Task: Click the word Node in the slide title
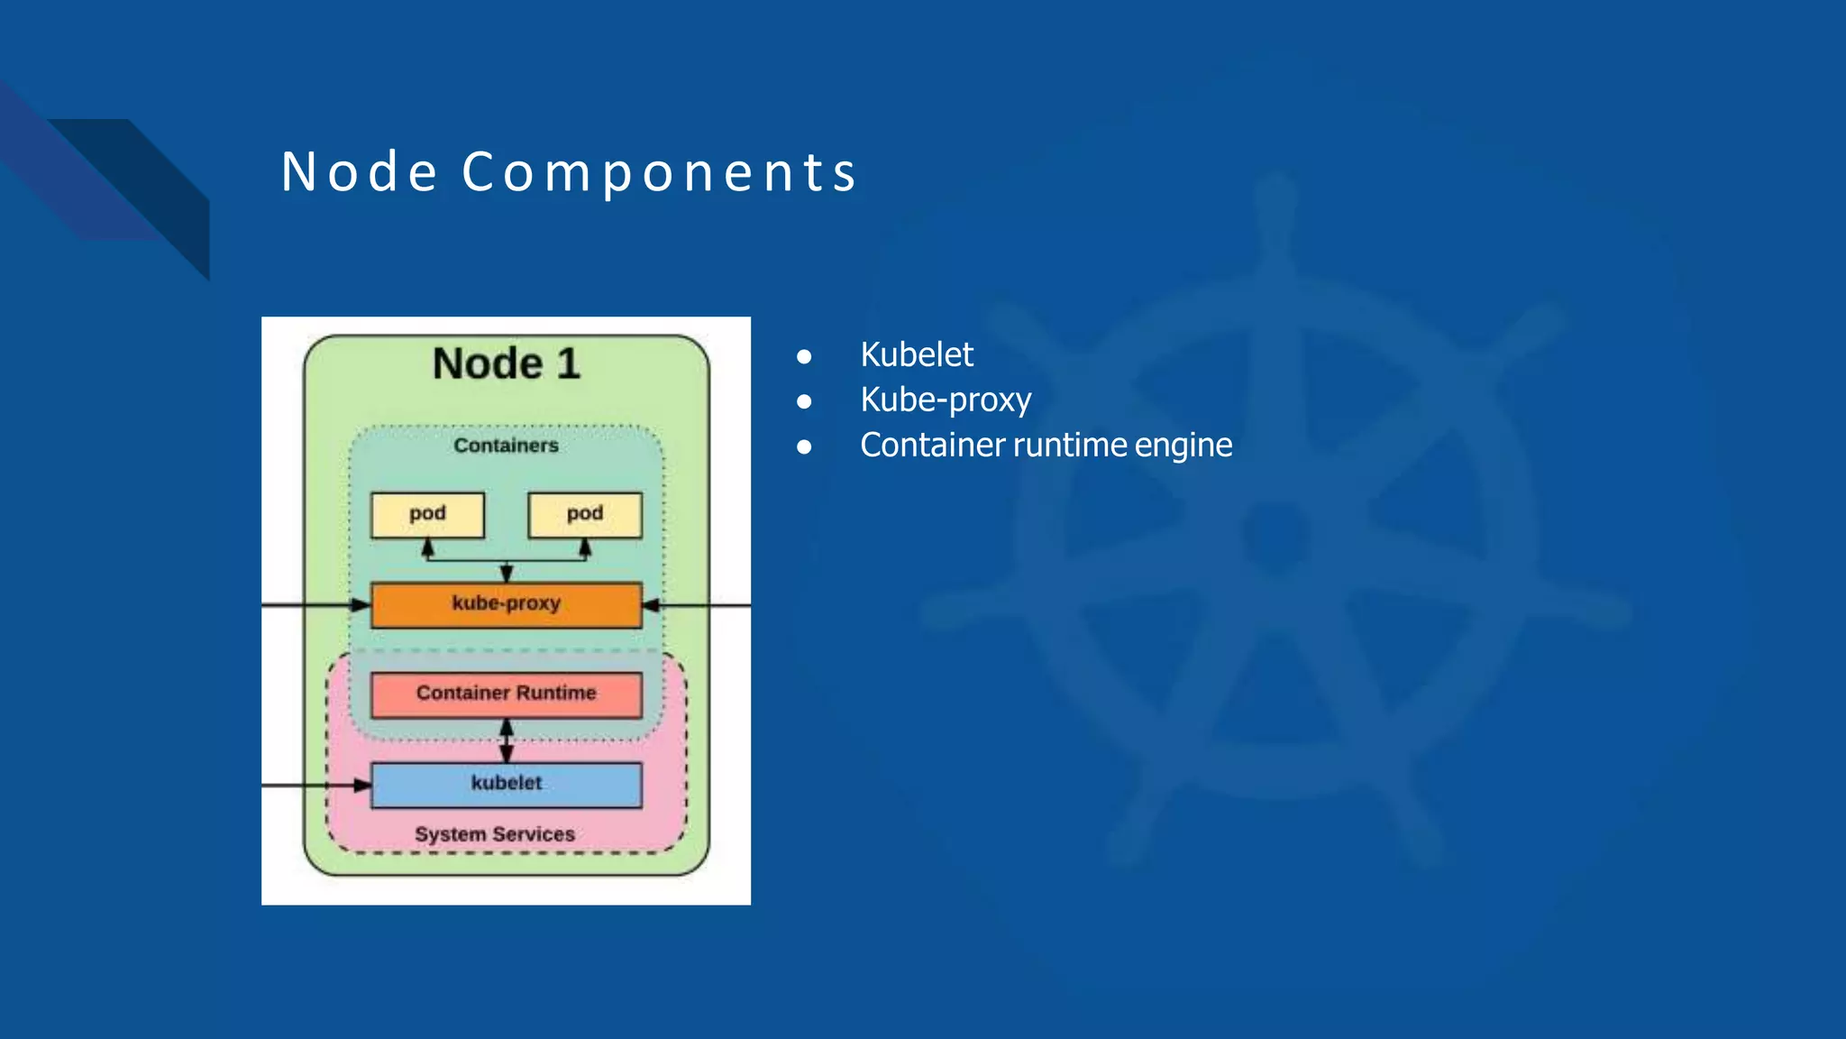359,171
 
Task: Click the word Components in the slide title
660,171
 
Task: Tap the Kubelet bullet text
916,354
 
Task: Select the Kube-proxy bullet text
945,400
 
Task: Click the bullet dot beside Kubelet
804,356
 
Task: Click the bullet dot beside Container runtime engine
804,446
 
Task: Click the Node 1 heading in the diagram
506,363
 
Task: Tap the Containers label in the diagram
506,446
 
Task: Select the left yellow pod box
427,514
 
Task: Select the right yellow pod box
585,514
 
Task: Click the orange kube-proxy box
506,604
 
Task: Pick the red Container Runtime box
506,694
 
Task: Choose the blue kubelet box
506,784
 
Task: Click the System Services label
494,834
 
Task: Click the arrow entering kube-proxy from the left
315,605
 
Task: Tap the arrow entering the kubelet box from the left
315,786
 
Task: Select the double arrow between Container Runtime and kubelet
507,740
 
